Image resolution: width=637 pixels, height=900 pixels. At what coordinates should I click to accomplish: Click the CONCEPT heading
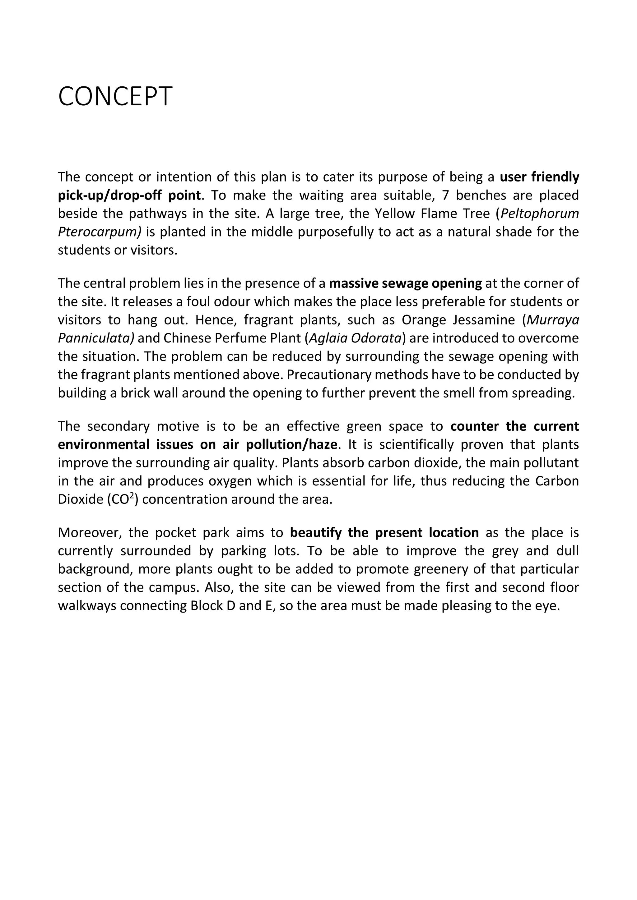click(x=115, y=96)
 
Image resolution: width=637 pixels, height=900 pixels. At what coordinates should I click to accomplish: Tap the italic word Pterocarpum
click(x=99, y=232)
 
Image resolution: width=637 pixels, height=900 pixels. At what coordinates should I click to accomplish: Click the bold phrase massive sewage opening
click(x=405, y=283)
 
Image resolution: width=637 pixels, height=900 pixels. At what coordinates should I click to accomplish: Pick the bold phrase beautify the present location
click(x=384, y=533)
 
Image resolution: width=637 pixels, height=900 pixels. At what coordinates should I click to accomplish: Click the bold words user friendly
click(x=539, y=177)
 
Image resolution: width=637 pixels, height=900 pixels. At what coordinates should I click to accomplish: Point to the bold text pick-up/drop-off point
click(x=129, y=195)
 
